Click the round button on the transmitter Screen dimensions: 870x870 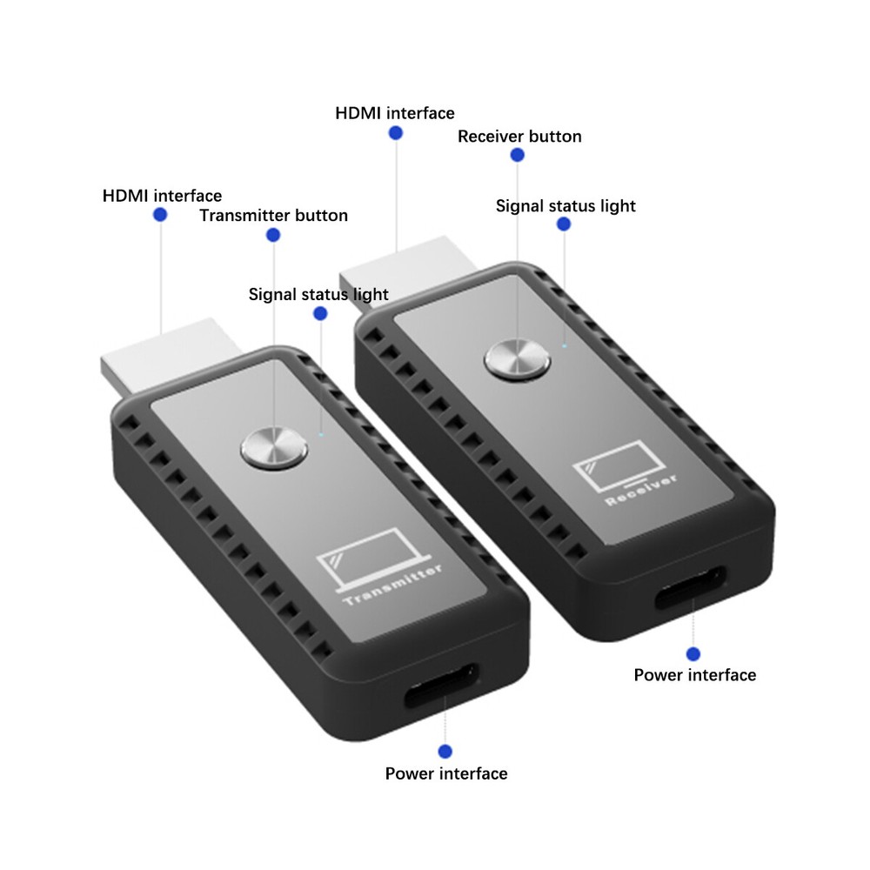[x=274, y=449]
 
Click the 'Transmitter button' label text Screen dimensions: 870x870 [x=273, y=215]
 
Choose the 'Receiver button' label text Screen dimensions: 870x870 [x=519, y=137]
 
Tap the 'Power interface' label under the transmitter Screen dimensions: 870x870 [x=446, y=773]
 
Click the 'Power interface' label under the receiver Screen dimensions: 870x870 [x=694, y=675]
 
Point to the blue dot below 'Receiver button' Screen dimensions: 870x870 [x=518, y=156]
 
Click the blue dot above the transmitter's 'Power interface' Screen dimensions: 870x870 [x=445, y=751]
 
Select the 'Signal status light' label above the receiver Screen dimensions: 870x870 [x=565, y=206]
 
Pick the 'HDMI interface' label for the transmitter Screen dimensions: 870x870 [x=162, y=196]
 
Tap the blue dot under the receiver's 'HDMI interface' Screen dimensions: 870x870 [x=396, y=133]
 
